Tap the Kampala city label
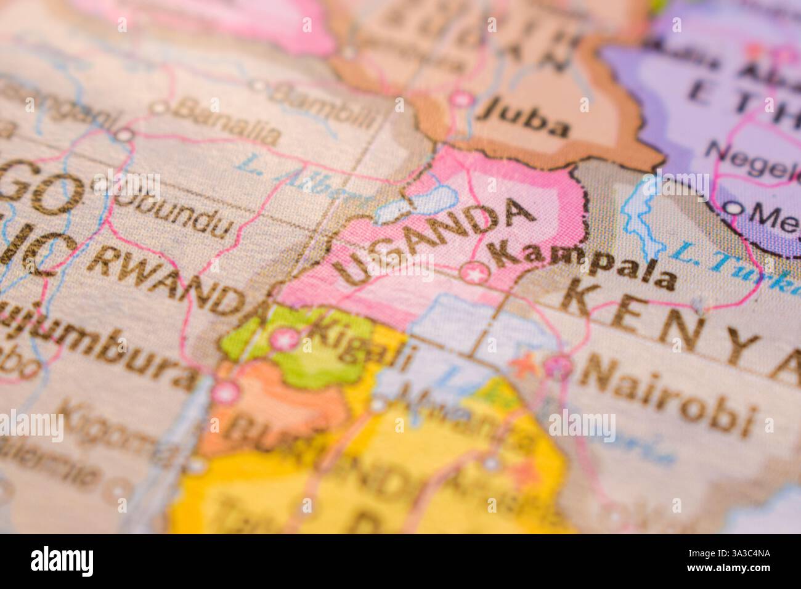tap(583, 266)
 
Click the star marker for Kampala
tap(475, 271)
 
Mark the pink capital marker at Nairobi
tap(561, 367)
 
